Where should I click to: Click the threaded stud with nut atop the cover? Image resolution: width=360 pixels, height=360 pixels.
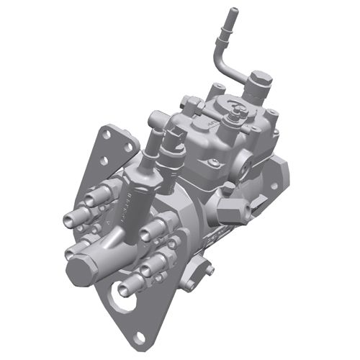235,108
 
